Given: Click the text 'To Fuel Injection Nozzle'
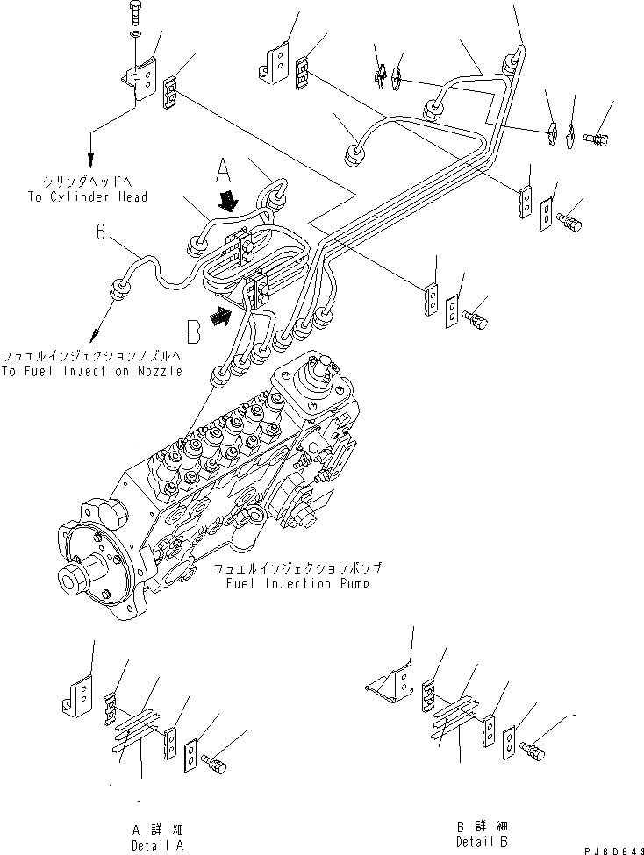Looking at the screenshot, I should coord(91,371).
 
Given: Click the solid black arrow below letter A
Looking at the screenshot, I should coord(230,202).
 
